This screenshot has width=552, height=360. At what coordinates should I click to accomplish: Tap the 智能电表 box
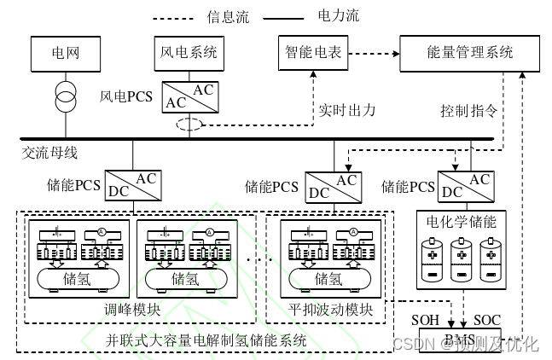313,53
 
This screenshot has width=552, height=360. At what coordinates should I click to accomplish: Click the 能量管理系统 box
469,53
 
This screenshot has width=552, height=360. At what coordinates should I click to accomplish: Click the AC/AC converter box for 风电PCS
190,96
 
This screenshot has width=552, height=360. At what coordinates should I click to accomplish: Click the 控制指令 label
468,111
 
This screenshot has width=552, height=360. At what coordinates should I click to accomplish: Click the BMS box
460,342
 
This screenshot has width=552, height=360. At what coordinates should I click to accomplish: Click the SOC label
487,320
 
